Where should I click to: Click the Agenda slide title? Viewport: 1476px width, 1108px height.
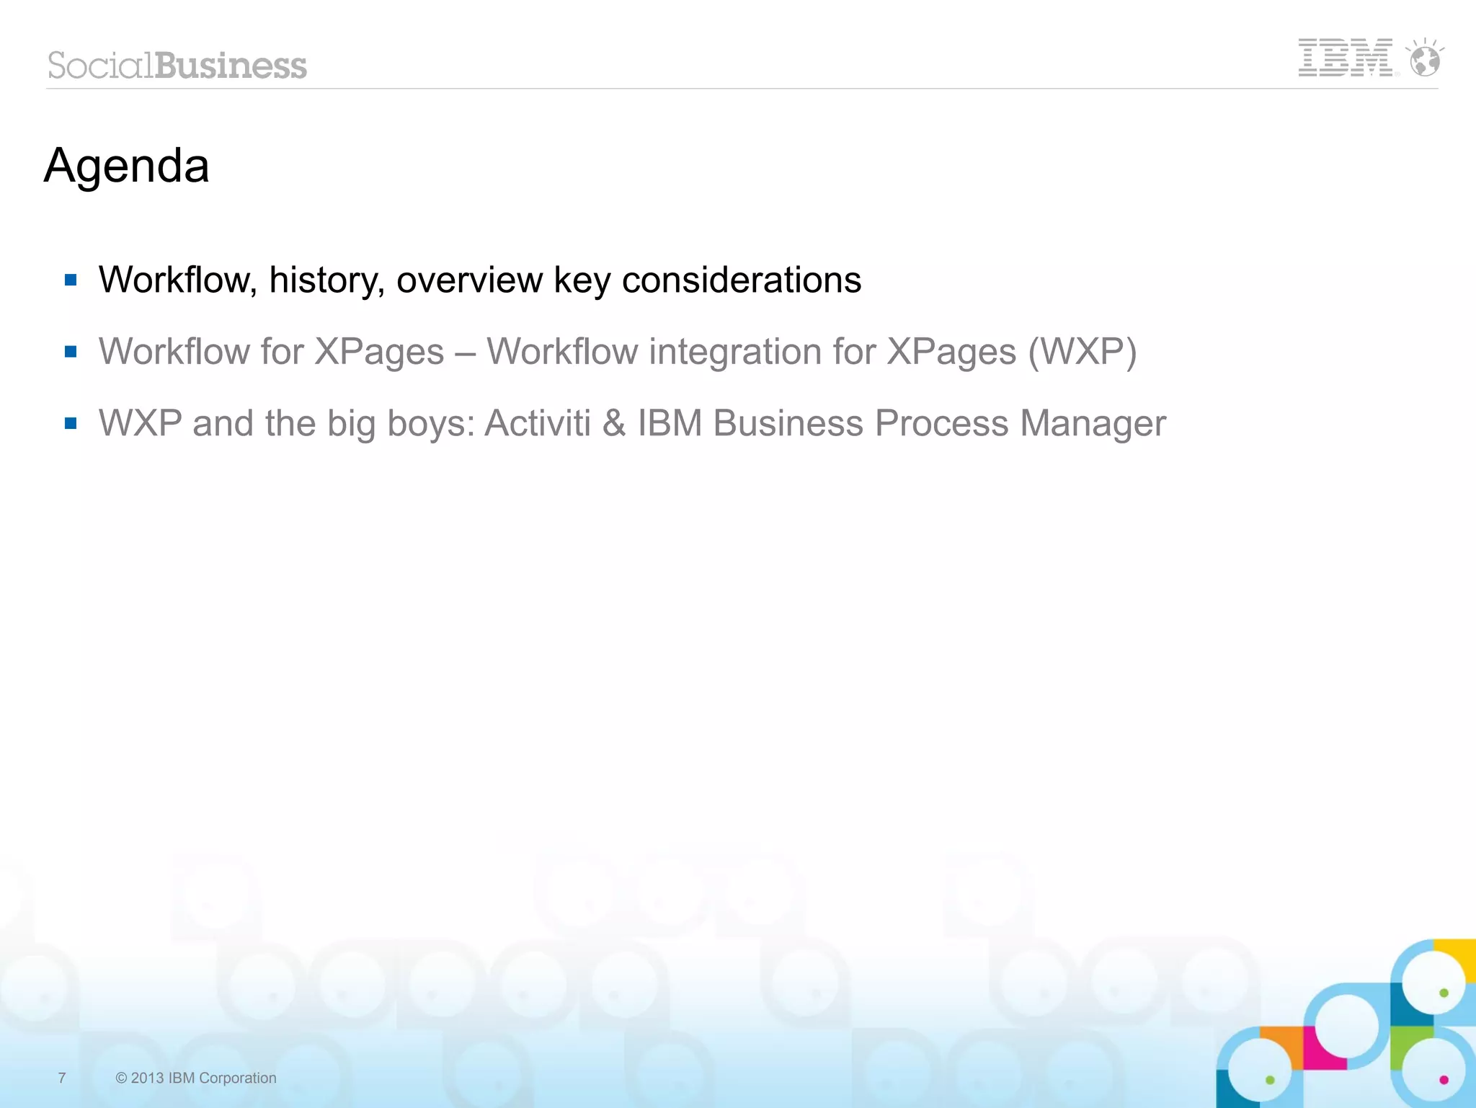click(127, 166)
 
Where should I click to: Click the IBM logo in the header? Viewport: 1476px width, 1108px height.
click(1345, 58)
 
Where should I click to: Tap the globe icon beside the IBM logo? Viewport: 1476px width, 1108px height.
click(1425, 59)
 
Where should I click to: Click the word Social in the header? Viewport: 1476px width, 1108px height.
click(100, 66)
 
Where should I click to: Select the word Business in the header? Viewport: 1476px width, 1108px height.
click(231, 66)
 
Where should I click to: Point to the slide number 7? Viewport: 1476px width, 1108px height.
click(62, 1078)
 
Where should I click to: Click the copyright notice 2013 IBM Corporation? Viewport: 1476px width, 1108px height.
click(196, 1078)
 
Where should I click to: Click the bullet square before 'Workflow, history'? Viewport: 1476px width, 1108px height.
click(71, 280)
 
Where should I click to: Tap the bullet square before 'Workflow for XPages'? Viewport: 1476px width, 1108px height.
click(71, 352)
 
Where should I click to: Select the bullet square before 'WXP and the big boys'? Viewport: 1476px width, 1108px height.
click(71, 423)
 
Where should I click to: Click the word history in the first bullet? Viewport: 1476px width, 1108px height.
click(326, 280)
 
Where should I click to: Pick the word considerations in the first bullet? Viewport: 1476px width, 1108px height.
click(742, 280)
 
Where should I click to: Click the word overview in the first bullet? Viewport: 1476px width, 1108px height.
click(469, 280)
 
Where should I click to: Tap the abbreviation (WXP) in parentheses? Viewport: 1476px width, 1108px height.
click(1082, 352)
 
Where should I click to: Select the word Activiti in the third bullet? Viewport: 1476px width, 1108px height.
click(538, 423)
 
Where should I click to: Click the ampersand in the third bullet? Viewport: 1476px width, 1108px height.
click(614, 423)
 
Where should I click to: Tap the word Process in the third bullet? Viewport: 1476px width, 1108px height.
click(941, 423)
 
